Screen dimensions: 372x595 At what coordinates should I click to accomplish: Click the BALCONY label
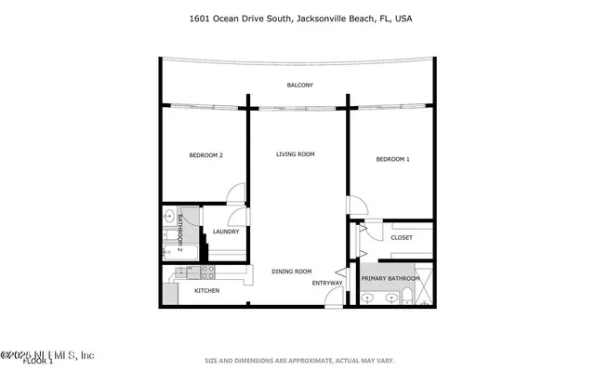tap(299, 86)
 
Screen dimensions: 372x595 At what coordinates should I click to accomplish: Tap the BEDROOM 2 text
tap(205, 155)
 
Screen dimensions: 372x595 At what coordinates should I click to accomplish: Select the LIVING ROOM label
tap(296, 154)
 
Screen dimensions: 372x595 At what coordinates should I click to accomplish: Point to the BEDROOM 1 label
tap(392, 160)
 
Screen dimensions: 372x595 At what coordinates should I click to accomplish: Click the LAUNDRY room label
tap(226, 232)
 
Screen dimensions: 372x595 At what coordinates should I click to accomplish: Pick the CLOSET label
tap(402, 237)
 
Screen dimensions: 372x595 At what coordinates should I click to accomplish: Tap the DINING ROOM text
tap(291, 272)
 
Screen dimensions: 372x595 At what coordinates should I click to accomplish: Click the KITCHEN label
tap(206, 292)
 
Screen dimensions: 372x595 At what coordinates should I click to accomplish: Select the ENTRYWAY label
tap(327, 283)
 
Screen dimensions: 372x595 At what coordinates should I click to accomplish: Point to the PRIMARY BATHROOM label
tap(390, 278)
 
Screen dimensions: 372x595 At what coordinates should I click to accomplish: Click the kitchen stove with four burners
tap(206, 272)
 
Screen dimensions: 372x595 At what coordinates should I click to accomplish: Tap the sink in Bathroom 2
tap(169, 217)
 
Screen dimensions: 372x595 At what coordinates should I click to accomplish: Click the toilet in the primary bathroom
tap(408, 298)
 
